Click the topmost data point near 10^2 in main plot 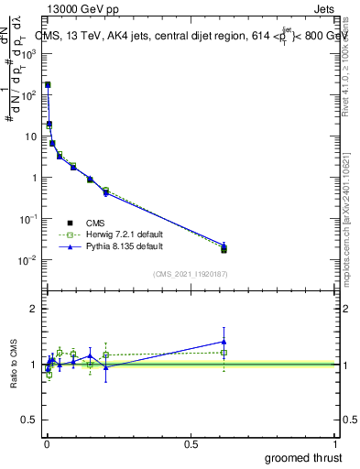coord(48,84)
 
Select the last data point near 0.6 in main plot coord(224,247)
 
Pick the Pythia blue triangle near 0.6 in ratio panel coord(224,342)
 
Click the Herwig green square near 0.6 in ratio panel coord(224,352)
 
